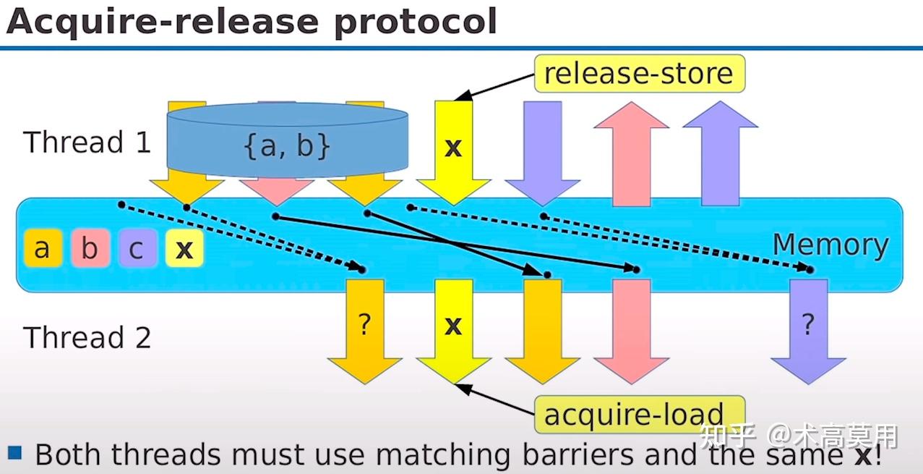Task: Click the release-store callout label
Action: pyautogui.click(x=640, y=73)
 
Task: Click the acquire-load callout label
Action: pyautogui.click(x=640, y=414)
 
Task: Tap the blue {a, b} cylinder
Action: pyautogui.click(x=287, y=140)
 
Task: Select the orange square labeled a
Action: pyautogui.click(x=43, y=248)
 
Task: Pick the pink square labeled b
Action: pyautogui.click(x=90, y=248)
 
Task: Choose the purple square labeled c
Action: pyautogui.click(x=137, y=248)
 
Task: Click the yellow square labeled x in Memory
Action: pyautogui.click(x=184, y=248)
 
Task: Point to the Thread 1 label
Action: pyautogui.click(x=87, y=142)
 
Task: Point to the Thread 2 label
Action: pyautogui.click(x=87, y=337)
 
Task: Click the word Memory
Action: pyautogui.click(x=830, y=245)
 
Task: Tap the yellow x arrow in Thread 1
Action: pyautogui.click(x=454, y=153)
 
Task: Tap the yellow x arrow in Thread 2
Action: pyautogui.click(x=454, y=331)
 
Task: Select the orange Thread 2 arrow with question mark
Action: pyautogui.click(x=365, y=331)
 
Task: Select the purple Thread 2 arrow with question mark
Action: pyautogui.click(x=809, y=331)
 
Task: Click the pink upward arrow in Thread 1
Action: pyautogui.click(x=631, y=153)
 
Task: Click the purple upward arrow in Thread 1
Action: pyautogui.click(x=721, y=153)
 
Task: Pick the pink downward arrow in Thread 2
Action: pyautogui.click(x=631, y=331)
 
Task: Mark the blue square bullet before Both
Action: pyautogui.click(x=15, y=452)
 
